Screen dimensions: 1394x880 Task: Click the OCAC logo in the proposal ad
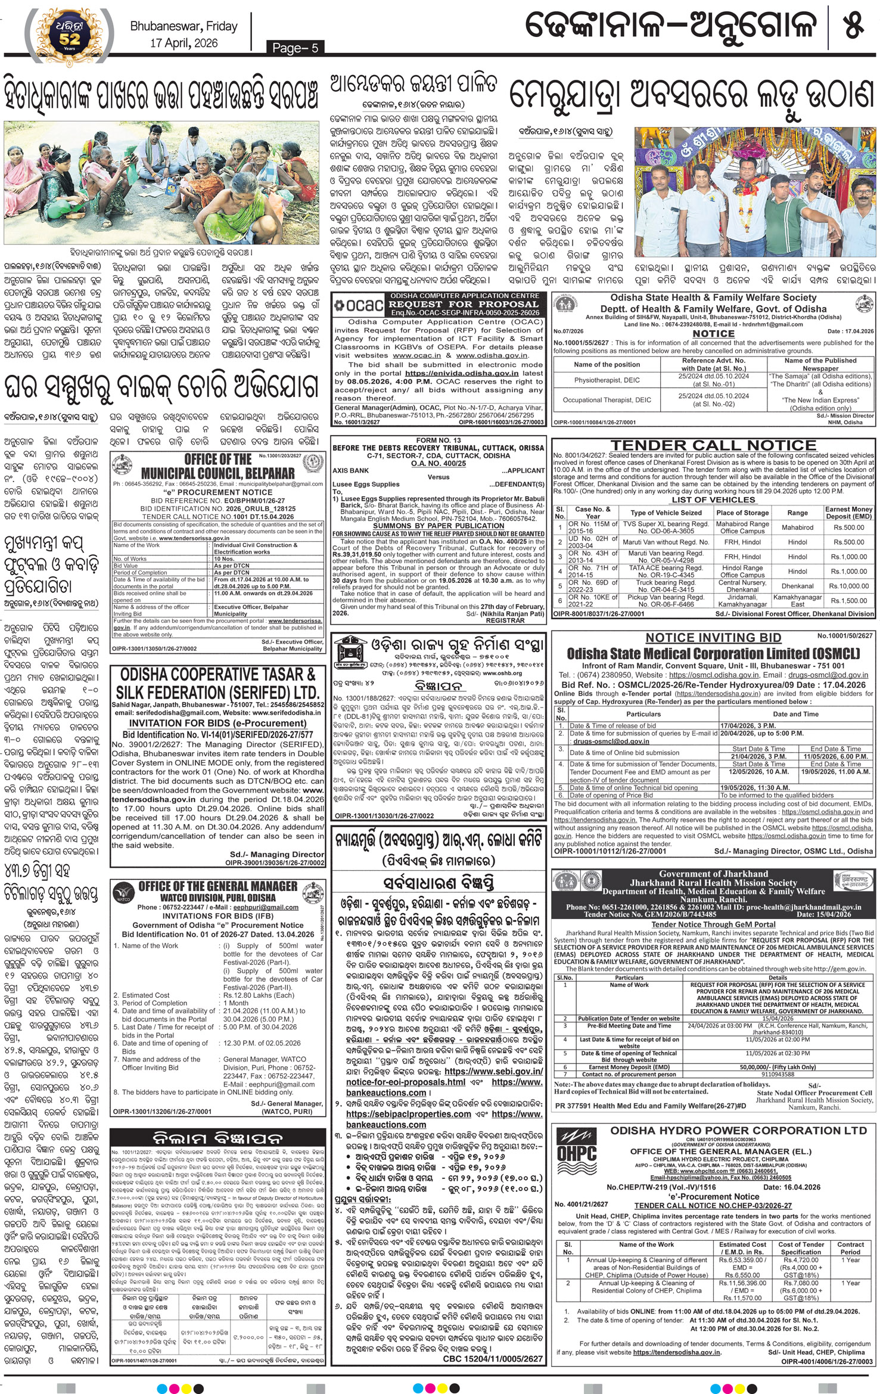tap(358, 305)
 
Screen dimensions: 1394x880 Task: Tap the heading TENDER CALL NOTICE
tap(713, 445)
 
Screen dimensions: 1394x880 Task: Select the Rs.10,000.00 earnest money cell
tap(848, 586)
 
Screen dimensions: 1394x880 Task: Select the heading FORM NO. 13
tap(438, 440)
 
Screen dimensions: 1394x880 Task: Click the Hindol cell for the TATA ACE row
tap(797, 572)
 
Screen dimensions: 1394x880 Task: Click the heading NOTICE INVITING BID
tap(713, 638)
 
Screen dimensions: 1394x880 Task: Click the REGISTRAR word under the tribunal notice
tap(505, 620)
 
